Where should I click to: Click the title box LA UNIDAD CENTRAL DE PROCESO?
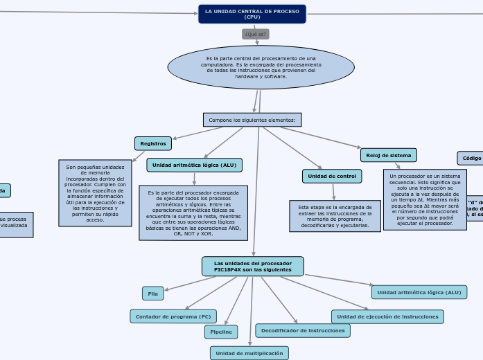[252, 14]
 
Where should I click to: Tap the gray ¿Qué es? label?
[256, 34]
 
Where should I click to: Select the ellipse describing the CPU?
[261, 67]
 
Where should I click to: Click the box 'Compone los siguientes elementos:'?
[252, 120]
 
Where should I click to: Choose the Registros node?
[152, 143]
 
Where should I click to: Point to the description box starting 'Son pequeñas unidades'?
[95, 193]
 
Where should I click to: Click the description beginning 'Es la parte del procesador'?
[193, 213]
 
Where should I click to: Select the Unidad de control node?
[332, 177]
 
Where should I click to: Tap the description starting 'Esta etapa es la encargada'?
[335, 216]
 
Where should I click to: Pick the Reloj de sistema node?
[389, 155]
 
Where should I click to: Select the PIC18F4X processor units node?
[253, 267]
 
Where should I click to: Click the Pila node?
[153, 294]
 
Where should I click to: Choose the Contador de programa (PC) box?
[173, 316]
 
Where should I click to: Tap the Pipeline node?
[221, 332]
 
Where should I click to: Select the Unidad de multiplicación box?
[249, 353]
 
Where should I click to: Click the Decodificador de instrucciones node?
[303, 331]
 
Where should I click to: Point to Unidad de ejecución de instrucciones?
[387, 316]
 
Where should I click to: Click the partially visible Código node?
[471, 158]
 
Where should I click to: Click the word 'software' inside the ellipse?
[275, 77]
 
